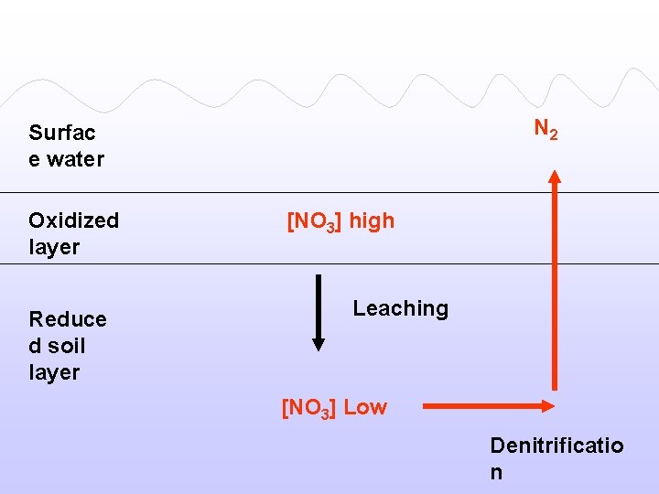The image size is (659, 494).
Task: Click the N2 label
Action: pos(546,130)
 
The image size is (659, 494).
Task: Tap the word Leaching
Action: pos(401,308)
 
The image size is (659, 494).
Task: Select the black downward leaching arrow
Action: pos(318,311)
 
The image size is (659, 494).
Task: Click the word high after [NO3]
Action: pos(372,220)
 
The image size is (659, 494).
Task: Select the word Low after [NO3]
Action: pos(365,407)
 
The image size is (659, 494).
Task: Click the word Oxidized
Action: pos(73,220)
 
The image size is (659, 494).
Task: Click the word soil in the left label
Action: pos(66,346)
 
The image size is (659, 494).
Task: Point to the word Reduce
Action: pos(67,319)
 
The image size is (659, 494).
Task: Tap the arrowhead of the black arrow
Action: pos(318,345)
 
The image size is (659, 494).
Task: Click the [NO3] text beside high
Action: pos(315,221)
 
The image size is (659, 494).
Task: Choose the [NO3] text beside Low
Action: pos(309,408)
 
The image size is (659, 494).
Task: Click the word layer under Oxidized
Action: pos(54,247)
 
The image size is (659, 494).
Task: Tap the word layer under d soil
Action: pos(54,372)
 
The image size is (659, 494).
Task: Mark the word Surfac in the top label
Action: pos(62,133)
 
